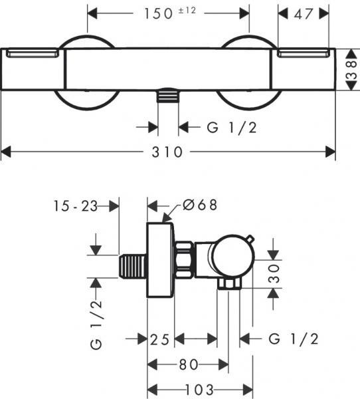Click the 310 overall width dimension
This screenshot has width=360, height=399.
pyautogui.click(x=167, y=152)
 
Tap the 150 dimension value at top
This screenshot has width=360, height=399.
pyautogui.click(x=158, y=13)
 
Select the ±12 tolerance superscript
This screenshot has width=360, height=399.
pyautogui.click(x=187, y=11)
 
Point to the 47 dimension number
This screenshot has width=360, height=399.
pyautogui.click(x=303, y=14)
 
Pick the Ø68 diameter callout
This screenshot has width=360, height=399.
pyautogui.click(x=200, y=205)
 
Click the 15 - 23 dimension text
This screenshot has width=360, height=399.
pyautogui.click(x=76, y=206)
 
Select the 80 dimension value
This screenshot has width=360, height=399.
pyautogui.click(x=189, y=364)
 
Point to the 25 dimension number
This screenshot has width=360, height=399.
pyautogui.click(x=159, y=339)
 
